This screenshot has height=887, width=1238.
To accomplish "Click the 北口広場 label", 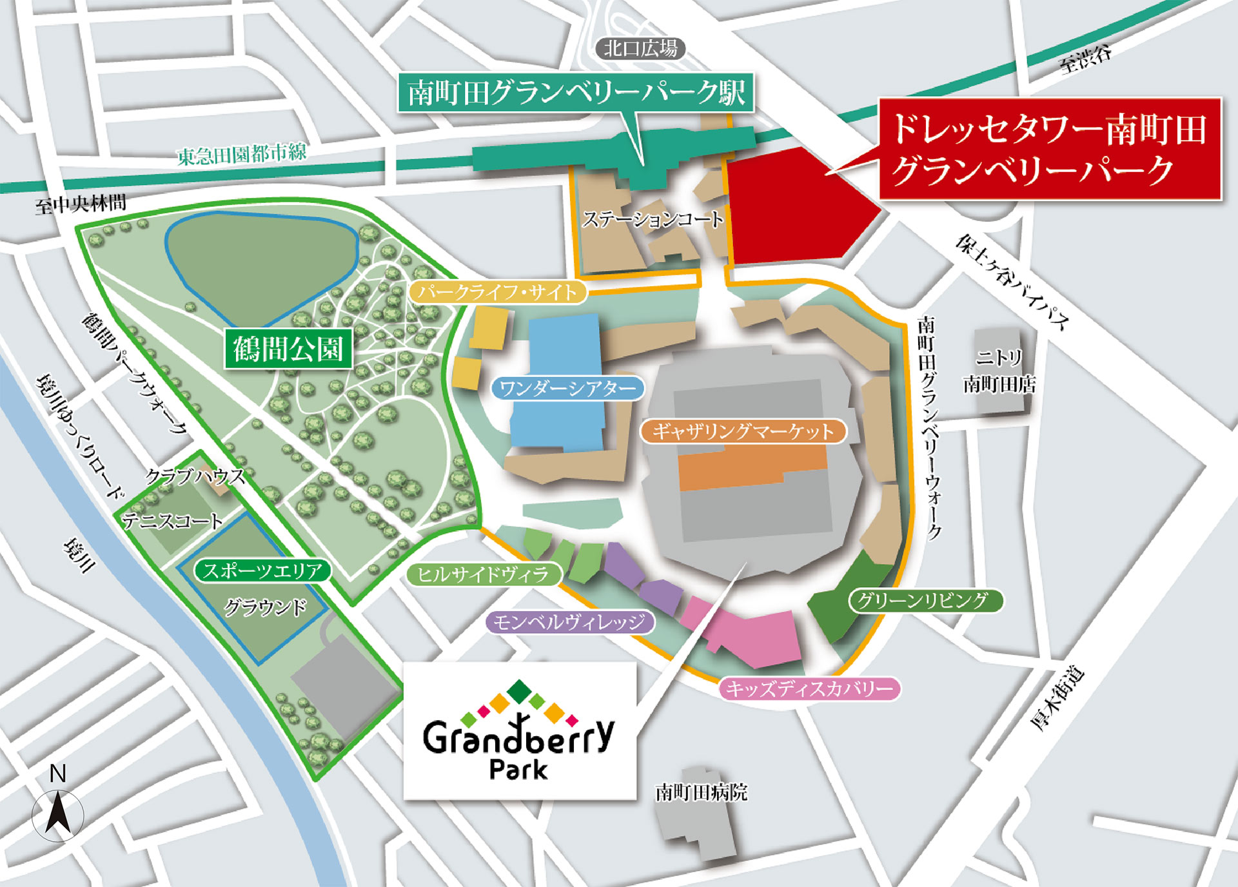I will point(640,48).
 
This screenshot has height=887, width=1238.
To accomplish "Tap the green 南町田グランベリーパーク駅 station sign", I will point(576,93).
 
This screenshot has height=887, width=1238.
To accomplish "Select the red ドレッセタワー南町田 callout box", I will point(1050,149).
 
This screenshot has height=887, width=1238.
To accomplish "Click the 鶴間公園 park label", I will point(288,349).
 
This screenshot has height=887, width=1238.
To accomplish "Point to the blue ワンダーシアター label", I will point(567,388).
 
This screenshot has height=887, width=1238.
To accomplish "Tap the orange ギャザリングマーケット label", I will point(743,431).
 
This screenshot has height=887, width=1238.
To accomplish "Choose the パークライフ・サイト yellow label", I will point(497,292).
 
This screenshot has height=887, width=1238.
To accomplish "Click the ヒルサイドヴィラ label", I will point(484,574).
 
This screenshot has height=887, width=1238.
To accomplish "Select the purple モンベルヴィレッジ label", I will point(570,622).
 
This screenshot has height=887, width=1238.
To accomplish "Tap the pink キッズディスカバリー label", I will point(809,688).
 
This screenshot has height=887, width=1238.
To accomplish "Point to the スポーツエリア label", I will point(262,570).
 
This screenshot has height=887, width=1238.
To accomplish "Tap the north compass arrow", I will point(57,814).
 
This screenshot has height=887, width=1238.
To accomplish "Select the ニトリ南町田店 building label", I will point(999,371).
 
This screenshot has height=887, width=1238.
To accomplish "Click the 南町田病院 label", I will point(701,792).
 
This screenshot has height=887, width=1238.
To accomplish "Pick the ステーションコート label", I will point(653,220).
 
